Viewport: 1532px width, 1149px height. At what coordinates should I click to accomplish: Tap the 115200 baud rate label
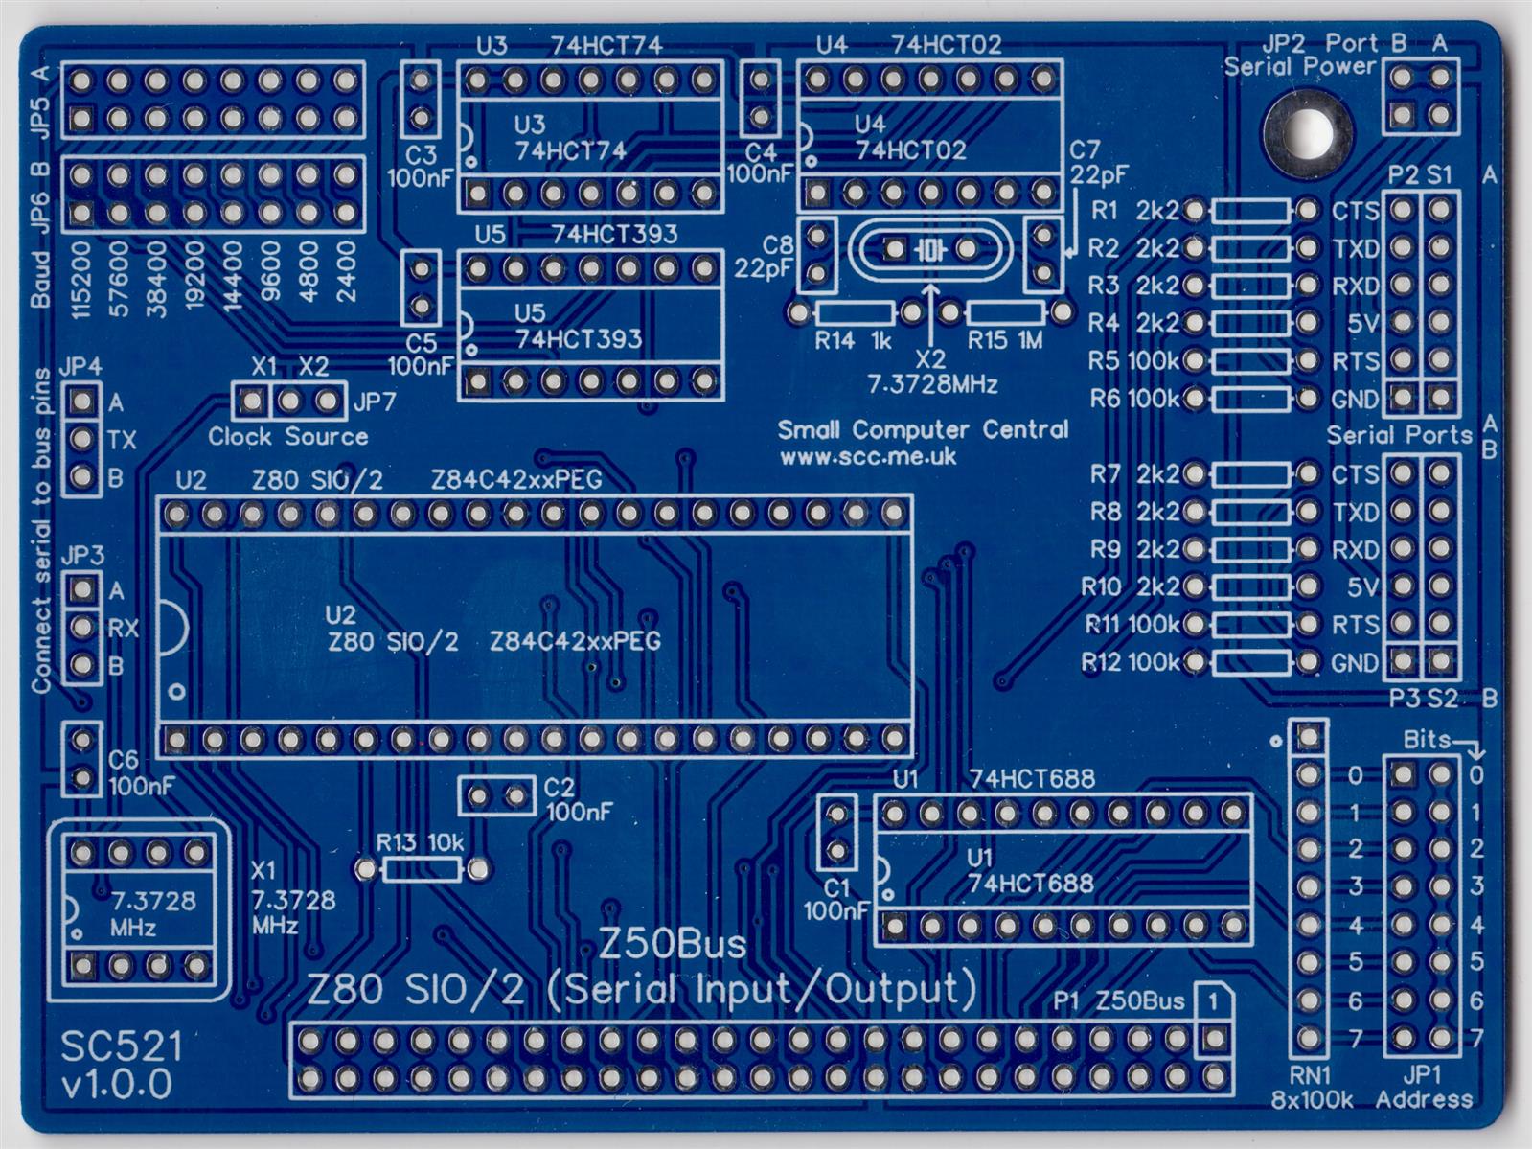pyautogui.click(x=80, y=279)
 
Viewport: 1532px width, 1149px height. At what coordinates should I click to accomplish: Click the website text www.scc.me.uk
pyautogui.click(x=867, y=457)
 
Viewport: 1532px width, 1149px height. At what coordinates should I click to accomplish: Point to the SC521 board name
pyautogui.click(x=121, y=1046)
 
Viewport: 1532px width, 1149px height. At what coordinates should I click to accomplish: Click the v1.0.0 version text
pyautogui.click(x=117, y=1084)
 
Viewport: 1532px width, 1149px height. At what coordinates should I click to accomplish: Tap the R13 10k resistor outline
pyautogui.click(x=422, y=869)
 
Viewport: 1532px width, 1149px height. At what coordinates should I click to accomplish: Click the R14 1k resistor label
pyautogui.click(x=853, y=340)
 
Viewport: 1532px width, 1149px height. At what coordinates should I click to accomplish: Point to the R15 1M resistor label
pyautogui.click(x=1004, y=340)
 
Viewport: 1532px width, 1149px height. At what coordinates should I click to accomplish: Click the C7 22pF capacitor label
pyautogui.click(x=1098, y=162)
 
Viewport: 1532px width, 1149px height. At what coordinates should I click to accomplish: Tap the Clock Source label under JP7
pyautogui.click(x=287, y=437)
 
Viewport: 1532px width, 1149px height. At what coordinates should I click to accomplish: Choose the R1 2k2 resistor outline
pyautogui.click(x=1250, y=210)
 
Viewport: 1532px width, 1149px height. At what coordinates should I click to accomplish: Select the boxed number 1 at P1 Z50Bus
pyautogui.click(x=1213, y=1002)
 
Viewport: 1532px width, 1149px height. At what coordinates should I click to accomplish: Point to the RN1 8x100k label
pyautogui.click(x=1311, y=1087)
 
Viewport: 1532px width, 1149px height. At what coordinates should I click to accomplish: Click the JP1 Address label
pyautogui.click(x=1423, y=1087)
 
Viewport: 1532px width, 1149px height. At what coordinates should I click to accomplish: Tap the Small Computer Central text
pyautogui.click(x=922, y=429)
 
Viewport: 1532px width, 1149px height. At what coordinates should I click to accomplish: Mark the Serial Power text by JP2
pyautogui.click(x=1299, y=66)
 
